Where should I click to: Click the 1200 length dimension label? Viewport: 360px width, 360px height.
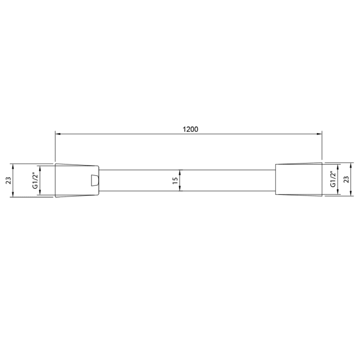click(190, 129)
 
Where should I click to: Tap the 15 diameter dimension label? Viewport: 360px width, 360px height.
click(175, 180)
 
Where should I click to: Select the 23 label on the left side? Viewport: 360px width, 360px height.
click(8, 180)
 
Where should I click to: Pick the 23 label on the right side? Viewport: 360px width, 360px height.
click(346, 179)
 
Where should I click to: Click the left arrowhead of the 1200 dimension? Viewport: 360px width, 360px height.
click(58, 134)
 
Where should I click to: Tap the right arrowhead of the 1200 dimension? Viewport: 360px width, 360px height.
click(319, 134)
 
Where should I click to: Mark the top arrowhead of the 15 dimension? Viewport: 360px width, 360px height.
click(179, 171)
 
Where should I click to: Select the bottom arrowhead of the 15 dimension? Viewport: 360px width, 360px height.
click(179, 189)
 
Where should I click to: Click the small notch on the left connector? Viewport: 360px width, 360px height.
click(94, 180)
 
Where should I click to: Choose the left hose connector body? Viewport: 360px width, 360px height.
click(76, 180)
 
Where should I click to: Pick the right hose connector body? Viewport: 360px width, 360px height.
click(299, 179)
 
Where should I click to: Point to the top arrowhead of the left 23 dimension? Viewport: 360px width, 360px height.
click(15, 166)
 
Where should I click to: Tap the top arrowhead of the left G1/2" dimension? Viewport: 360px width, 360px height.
click(41, 167)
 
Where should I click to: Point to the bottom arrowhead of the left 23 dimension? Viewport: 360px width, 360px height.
click(15, 194)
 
